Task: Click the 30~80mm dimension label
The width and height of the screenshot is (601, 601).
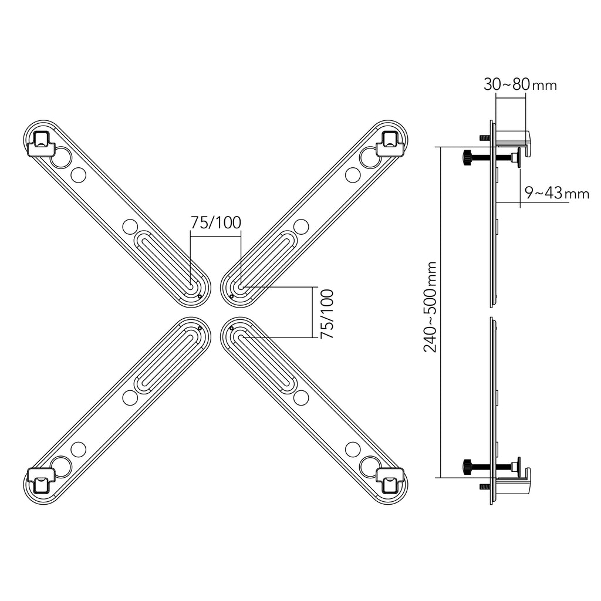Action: click(520, 85)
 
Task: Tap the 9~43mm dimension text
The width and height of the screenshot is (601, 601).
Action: click(557, 193)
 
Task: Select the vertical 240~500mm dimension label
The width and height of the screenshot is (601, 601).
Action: click(430, 306)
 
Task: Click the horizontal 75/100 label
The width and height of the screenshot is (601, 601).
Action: click(216, 222)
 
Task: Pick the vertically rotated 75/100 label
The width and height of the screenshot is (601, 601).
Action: click(327, 314)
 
